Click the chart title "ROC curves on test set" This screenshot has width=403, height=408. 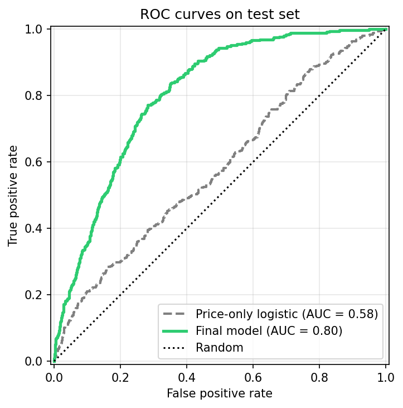pos(220,15)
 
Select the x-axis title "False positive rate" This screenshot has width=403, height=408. pos(220,393)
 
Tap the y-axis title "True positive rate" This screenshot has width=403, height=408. pos(13,195)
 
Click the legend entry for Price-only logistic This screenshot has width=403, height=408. pos(287,314)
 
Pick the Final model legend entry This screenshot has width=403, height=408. pos(269,330)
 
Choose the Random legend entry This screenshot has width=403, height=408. pos(219,348)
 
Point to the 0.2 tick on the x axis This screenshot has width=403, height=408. pos(120,377)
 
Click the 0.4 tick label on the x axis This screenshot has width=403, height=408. pos(187,377)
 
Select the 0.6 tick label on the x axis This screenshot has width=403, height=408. pos(253,377)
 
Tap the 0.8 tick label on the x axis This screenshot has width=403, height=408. pos(319,377)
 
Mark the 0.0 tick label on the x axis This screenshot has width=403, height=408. pos(54,377)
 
